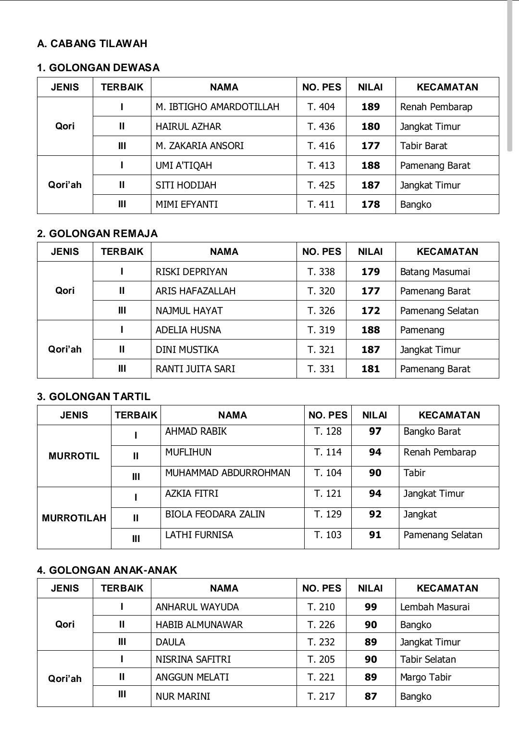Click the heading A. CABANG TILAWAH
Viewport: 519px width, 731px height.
click(x=92, y=44)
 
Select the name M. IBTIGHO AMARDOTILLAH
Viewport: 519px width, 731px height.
click(x=217, y=107)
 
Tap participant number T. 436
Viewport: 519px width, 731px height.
click(x=321, y=126)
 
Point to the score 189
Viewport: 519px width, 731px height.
click(x=371, y=107)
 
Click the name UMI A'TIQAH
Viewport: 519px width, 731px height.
click(x=184, y=165)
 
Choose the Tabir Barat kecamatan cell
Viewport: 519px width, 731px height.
click(x=423, y=146)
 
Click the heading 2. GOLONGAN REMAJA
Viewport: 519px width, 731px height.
click(x=97, y=234)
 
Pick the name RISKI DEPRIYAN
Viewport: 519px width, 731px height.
click(x=191, y=272)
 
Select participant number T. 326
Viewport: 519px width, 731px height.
click(x=321, y=311)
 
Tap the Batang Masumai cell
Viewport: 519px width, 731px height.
click(x=435, y=272)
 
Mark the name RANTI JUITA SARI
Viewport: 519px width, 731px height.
click(x=195, y=369)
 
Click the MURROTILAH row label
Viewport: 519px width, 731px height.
click(x=74, y=518)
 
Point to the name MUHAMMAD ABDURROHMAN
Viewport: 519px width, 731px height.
click(x=227, y=473)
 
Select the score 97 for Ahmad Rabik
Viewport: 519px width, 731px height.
click(x=375, y=431)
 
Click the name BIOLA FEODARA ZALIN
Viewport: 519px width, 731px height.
click(x=215, y=514)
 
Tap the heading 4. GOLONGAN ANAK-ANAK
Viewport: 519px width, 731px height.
click(x=107, y=570)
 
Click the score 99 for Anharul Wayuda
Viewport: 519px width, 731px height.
click(x=371, y=607)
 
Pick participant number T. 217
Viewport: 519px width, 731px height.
click(x=321, y=696)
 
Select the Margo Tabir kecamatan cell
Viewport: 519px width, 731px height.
click(x=425, y=677)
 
